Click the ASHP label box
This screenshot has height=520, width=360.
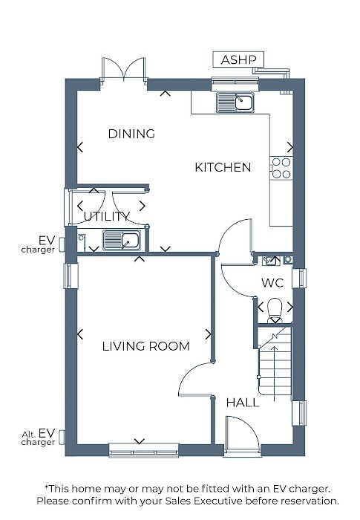238,59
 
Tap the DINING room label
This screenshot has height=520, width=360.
131,134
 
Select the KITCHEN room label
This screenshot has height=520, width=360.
223,167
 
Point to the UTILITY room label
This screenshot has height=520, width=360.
106,217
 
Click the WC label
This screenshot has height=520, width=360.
272,283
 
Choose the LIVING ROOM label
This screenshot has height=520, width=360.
146,346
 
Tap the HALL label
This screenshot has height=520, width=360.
243,403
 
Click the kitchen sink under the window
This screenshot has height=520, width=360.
235,103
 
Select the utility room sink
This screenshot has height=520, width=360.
121,241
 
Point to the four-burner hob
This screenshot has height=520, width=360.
281,168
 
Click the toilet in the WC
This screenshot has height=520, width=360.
275,311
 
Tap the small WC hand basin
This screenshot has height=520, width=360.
271,261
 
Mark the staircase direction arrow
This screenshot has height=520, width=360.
274,373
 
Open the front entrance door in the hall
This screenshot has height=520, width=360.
242,433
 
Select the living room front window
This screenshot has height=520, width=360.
144,450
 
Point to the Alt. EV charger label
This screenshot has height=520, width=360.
38,438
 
